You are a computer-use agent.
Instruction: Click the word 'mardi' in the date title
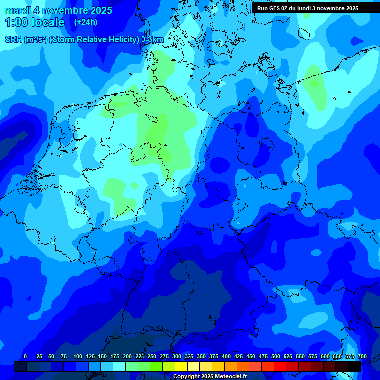click(17, 10)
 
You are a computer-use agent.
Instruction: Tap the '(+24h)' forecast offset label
click(86, 22)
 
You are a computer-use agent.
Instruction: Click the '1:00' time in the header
click(16, 22)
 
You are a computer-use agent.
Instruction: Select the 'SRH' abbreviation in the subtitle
click(14, 40)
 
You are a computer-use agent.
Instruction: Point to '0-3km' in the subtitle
click(152, 40)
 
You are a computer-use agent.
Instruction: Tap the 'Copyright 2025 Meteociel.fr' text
click(210, 377)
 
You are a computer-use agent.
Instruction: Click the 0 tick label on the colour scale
click(25, 356)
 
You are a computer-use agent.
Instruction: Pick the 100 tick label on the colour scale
click(78, 356)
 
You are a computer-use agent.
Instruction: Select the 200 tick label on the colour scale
click(127, 356)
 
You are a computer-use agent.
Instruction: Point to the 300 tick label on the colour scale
click(177, 356)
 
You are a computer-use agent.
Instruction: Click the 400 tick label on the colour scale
click(226, 356)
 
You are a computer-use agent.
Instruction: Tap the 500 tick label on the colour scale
click(276, 356)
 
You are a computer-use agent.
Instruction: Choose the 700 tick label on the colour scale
click(362, 356)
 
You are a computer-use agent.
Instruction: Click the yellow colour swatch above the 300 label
click(181, 366)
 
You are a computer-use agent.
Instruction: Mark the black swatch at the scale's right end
click(354, 366)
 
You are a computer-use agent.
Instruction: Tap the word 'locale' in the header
click(48, 22)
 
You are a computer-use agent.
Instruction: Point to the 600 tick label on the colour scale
click(325, 356)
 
